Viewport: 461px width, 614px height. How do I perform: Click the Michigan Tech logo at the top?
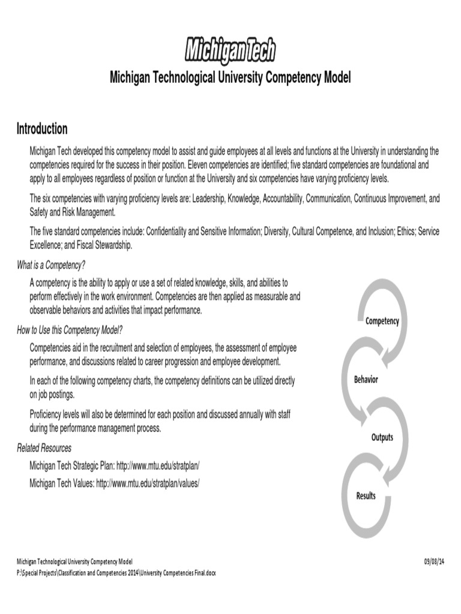click(230, 50)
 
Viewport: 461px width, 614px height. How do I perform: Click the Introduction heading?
click(42, 129)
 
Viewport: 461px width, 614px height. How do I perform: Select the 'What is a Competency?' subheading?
click(55, 266)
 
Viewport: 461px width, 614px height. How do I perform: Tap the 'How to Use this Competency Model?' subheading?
click(70, 330)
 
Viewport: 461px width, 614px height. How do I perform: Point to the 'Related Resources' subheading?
click(44, 448)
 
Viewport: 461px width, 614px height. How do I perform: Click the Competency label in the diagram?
click(382, 321)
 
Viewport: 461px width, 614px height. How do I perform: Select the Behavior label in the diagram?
click(366, 380)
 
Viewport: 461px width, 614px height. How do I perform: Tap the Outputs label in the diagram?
click(382, 437)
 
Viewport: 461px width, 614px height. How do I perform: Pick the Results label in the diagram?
click(366, 496)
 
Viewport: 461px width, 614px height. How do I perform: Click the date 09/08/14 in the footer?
click(434, 561)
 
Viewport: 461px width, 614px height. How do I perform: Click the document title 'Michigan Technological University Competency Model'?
click(230, 78)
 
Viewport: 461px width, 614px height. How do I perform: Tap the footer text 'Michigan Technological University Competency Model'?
click(74, 561)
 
